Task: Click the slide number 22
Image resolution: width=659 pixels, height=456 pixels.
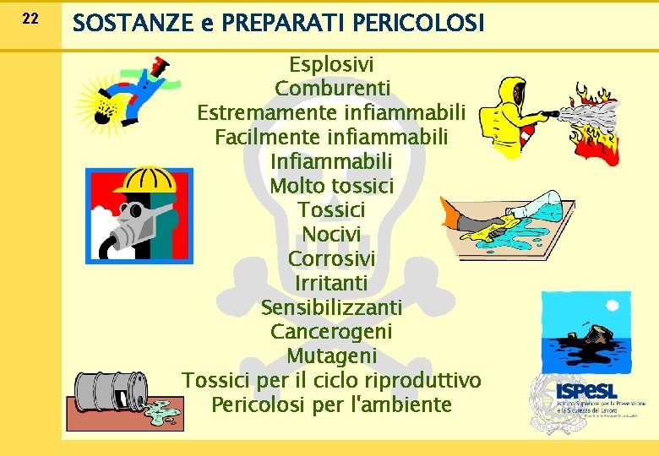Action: (30, 18)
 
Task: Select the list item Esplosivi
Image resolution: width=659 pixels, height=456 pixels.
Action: (331, 64)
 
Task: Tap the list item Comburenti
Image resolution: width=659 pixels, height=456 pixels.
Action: (332, 88)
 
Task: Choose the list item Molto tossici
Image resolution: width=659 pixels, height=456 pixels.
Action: (332, 185)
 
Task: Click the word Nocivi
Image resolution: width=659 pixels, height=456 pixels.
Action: (331, 234)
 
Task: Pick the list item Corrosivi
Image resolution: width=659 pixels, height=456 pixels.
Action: (331, 258)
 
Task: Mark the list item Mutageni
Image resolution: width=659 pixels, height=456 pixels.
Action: (331, 356)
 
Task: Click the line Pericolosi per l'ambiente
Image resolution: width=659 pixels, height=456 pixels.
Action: (331, 404)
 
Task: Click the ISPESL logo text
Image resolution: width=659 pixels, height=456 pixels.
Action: (586, 391)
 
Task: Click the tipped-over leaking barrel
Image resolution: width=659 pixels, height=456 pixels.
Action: (106, 393)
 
